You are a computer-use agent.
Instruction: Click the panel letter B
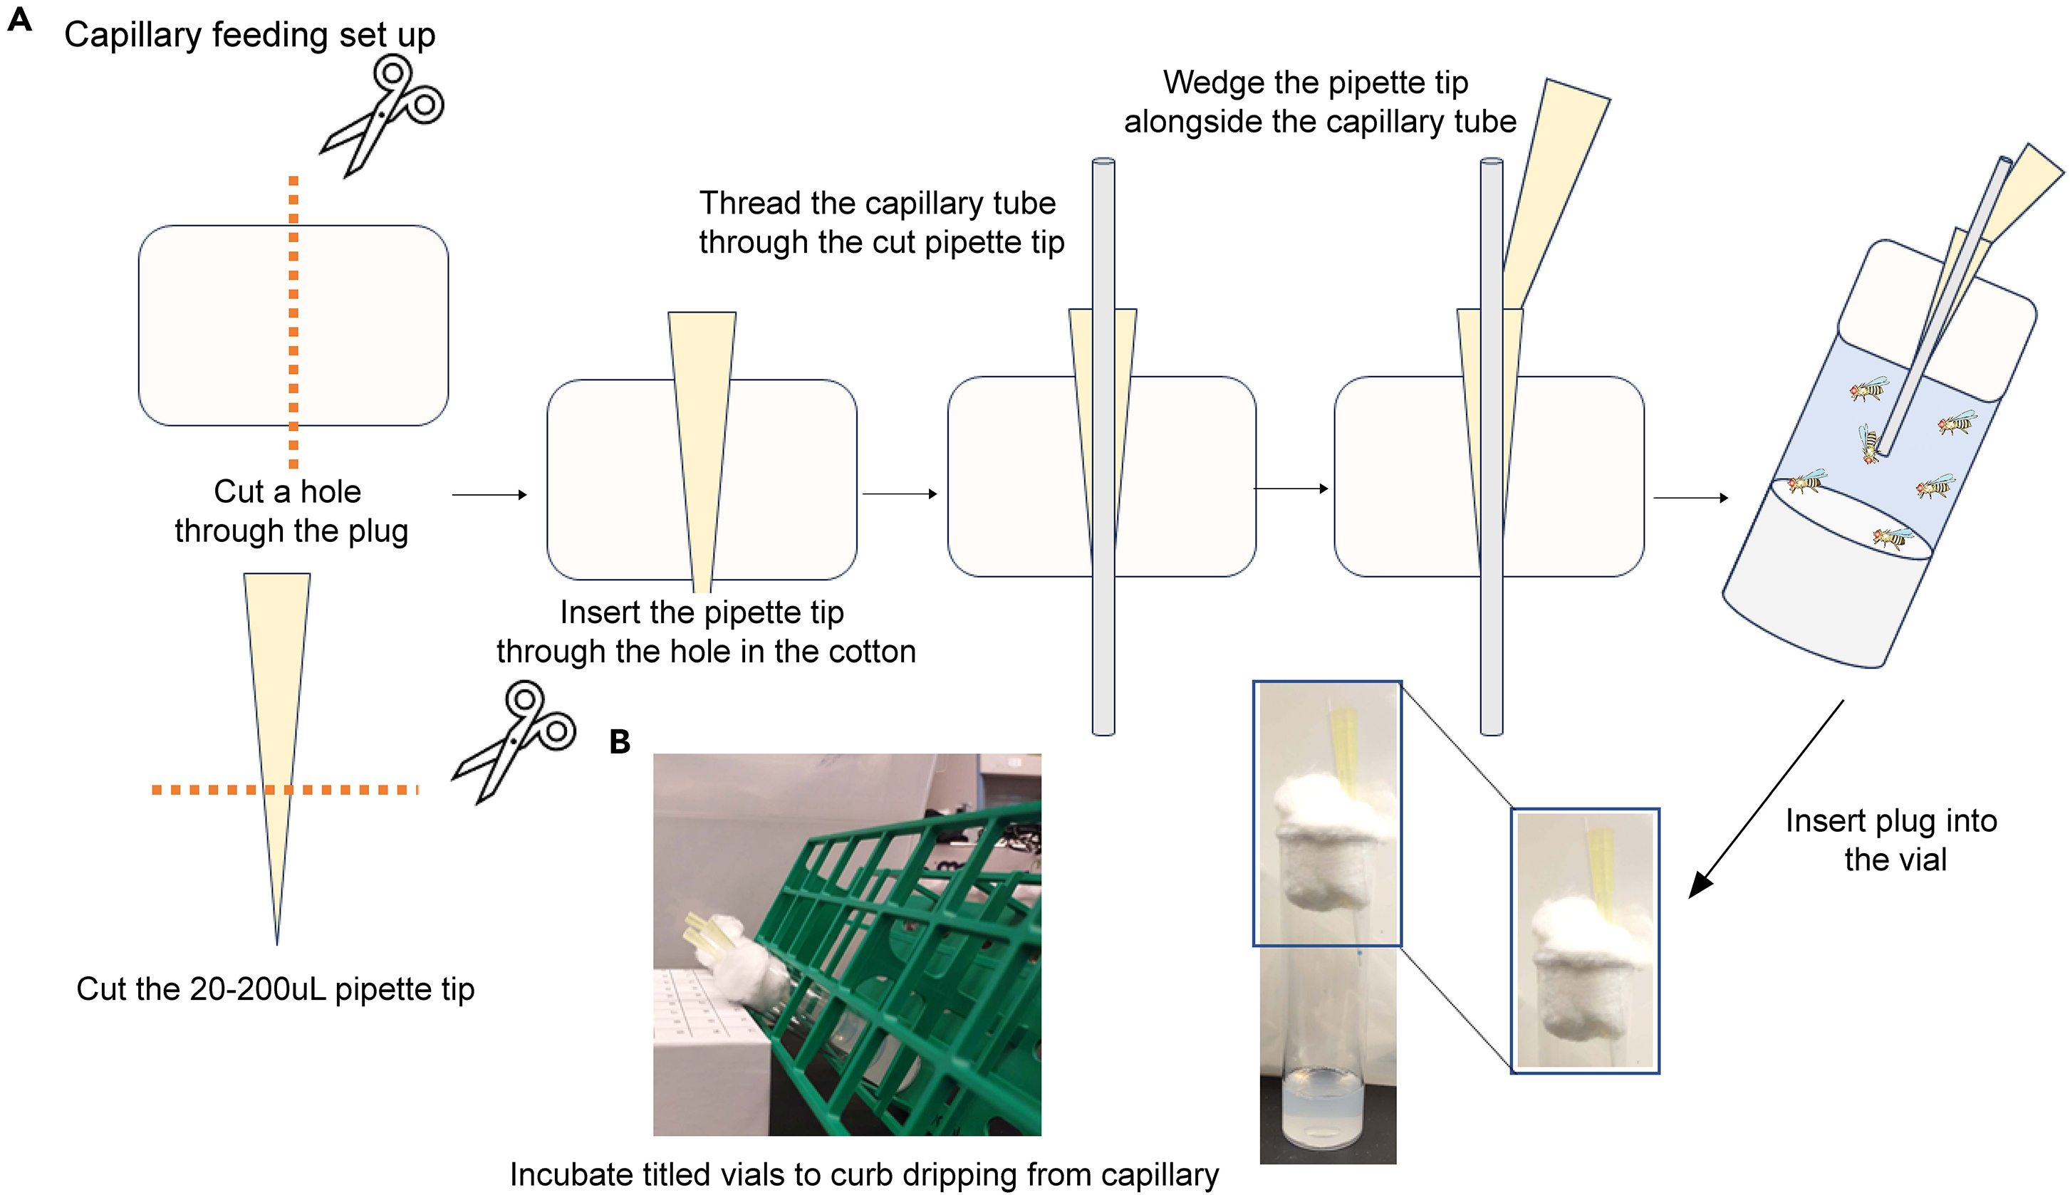tap(620, 742)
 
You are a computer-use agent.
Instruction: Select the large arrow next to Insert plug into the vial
tap(1764, 803)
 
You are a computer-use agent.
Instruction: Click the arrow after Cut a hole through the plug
tap(489, 495)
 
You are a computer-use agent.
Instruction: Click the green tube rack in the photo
tap(903, 944)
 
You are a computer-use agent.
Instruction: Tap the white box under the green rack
tap(710, 1059)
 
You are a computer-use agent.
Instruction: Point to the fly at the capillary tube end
tap(1869, 444)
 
